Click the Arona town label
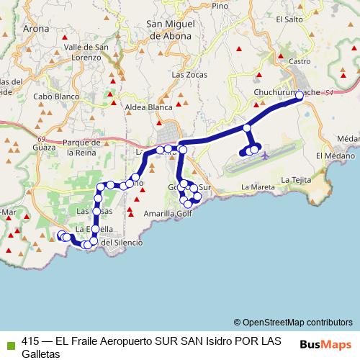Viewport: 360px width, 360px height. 37,30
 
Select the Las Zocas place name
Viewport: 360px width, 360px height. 189,74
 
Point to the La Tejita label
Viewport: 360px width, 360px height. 295,179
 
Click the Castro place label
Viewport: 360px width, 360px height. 299,62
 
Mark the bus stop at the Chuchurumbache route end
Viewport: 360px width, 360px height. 300,95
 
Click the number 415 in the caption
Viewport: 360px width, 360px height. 30,342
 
